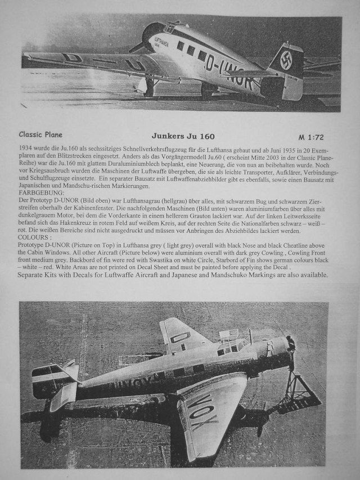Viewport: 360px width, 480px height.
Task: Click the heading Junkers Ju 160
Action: coord(183,136)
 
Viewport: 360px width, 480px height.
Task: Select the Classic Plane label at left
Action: coord(40,135)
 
